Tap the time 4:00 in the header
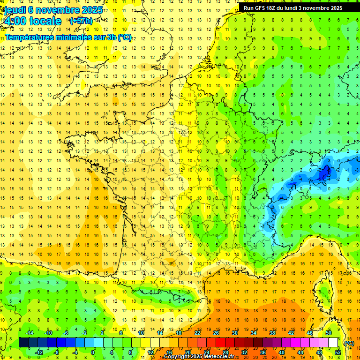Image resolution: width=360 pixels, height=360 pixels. pos(16,21)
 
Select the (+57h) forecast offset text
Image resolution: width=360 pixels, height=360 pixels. pos(81,21)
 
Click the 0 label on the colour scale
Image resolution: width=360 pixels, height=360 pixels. pos(92,352)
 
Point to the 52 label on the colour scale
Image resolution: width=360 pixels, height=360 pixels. pos(337,352)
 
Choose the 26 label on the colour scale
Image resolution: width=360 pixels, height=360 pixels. pos(216,333)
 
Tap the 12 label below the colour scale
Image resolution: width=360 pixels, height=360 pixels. pos(150,352)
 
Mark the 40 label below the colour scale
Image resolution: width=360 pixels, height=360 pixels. pos(281,352)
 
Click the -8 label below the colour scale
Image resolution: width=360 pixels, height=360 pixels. pos(56,352)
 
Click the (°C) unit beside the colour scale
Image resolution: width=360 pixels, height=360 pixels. pos(349,343)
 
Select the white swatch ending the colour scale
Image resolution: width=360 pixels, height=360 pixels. pos(333,343)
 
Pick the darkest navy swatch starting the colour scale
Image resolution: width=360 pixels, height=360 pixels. pos(23,343)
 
